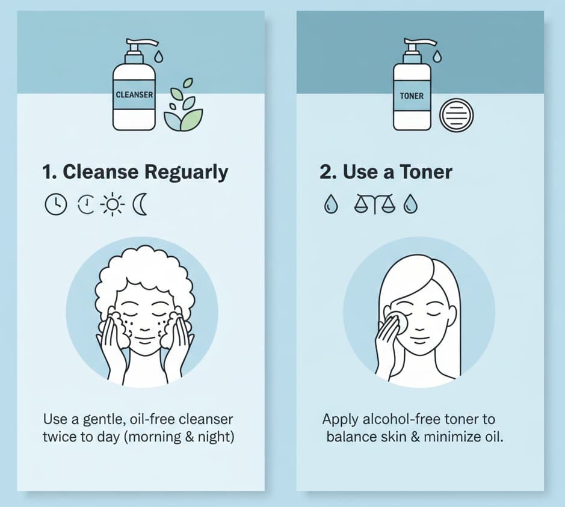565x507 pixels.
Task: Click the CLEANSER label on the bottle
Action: (x=134, y=95)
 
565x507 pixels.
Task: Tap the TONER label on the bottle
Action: (x=412, y=96)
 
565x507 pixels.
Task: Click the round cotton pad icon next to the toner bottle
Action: (x=457, y=115)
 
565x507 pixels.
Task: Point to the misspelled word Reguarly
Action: (x=187, y=173)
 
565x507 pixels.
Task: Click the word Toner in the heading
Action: (x=425, y=173)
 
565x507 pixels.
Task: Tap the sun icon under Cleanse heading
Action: (x=113, y=205)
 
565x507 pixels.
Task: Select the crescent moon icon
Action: (x=140, y=205)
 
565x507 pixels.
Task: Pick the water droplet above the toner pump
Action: (x=437, y=57)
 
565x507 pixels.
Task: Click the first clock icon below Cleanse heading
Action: (x=55, y=205)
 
